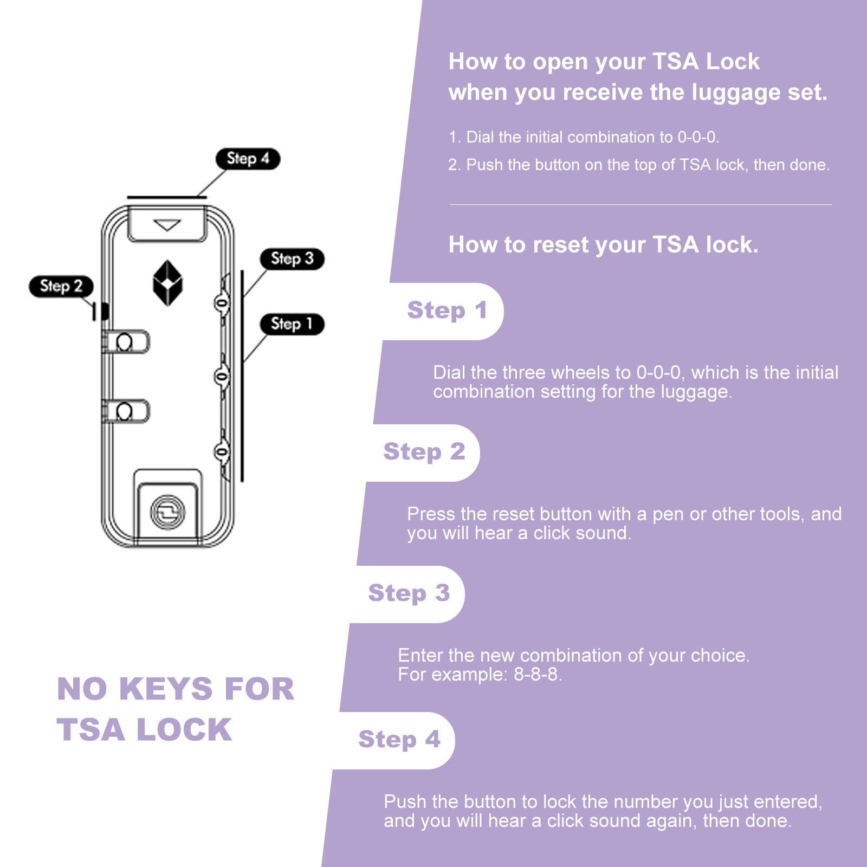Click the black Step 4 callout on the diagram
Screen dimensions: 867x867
[x=248, y=159]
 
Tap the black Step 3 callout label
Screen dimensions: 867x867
[x=292, y=258]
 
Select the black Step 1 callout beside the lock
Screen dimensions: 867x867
[x=292, y=324]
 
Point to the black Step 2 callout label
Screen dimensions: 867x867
[x=61, y=286]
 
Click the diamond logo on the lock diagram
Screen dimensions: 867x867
[x=167, y=282]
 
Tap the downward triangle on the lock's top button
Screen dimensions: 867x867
[x=167, y=225]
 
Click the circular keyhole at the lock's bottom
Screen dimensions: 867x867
[x=167, y=512]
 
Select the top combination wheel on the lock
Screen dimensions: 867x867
[x=222, y=302]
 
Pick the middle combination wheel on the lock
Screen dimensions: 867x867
[x=222, y=376]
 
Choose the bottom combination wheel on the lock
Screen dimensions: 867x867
[x=222, y=451]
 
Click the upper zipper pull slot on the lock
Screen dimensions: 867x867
[x=126, y=342]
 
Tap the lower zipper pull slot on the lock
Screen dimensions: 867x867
[x=126, y=411]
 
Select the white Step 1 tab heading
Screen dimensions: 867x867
[x=447, y=310]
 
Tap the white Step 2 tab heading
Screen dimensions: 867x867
[x=424, y=452]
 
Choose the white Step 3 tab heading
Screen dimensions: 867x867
[x=409, y=593]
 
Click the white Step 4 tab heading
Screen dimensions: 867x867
[x=399, y=740]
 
